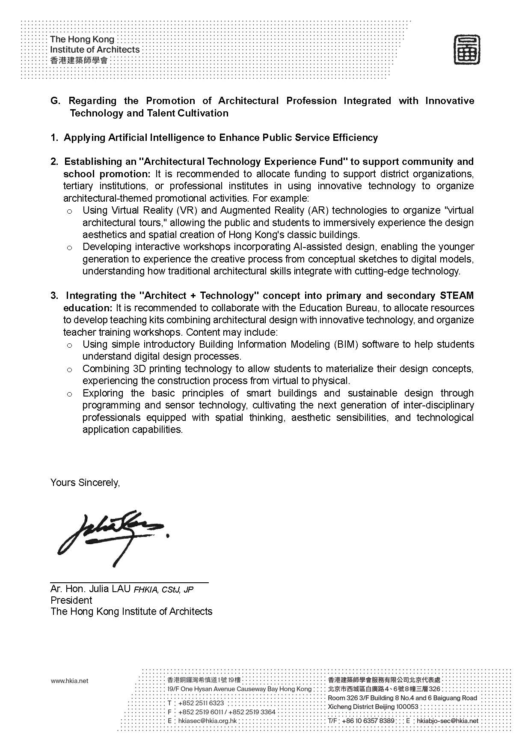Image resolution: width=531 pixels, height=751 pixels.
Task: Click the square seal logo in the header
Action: tap(467, 50)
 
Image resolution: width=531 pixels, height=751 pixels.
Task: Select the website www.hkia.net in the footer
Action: tap(69, 681)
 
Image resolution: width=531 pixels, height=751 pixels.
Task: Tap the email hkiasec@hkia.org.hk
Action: tap(206, 721)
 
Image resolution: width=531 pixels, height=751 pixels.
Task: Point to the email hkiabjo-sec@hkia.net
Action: tap(447, 721)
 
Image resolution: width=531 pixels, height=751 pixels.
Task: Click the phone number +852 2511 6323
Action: tap(201, 703)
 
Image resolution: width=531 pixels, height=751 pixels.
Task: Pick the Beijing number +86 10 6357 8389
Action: tap(368, 721)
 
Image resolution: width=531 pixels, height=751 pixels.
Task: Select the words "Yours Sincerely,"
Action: tap(85, 483)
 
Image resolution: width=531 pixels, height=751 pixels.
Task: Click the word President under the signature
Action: tap(71, 600)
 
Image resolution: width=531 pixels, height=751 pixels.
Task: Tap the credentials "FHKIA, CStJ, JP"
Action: tap(163, 590)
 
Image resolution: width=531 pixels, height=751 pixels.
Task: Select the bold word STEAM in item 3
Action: tap(457, 295)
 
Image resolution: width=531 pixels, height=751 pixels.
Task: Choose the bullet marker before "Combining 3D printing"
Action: tap(70, 370)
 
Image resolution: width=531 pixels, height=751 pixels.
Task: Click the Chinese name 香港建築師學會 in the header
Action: tap(79, 60)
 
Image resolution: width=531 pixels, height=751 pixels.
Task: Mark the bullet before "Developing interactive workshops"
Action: tap(70, 247)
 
